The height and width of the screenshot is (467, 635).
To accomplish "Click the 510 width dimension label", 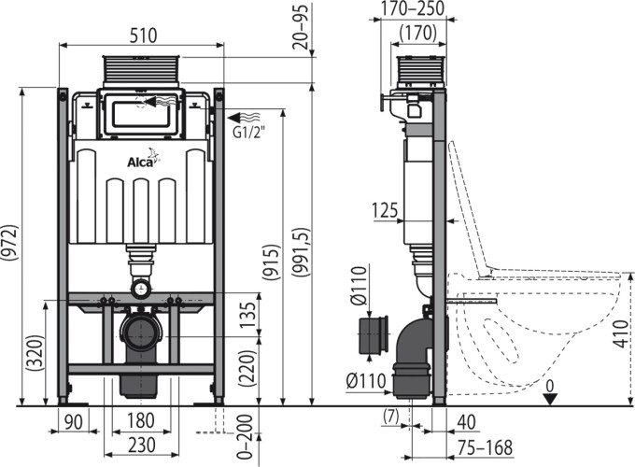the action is coord(143,35).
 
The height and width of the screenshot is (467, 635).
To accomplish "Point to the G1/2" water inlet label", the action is coord(249,132).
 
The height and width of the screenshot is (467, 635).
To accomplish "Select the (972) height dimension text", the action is coord(10,242).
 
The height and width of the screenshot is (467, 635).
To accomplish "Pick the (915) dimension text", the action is coord(271,262).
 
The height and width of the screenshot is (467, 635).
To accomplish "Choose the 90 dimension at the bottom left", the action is coord(74,421).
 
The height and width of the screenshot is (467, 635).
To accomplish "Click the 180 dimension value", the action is coord(140,421).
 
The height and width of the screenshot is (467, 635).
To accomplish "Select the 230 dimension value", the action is coord(142,446).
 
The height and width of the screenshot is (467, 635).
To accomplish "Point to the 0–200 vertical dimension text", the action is coord(245,437).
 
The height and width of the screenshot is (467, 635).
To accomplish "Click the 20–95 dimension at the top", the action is coord(301,25).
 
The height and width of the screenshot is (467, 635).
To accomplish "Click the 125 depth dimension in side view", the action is coord(386,210).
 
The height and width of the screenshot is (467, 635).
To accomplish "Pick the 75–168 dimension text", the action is coord(486,447).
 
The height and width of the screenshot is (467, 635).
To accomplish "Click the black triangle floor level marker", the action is coord(550,400).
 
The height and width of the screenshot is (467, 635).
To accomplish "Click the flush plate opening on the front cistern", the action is coord(141,114).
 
